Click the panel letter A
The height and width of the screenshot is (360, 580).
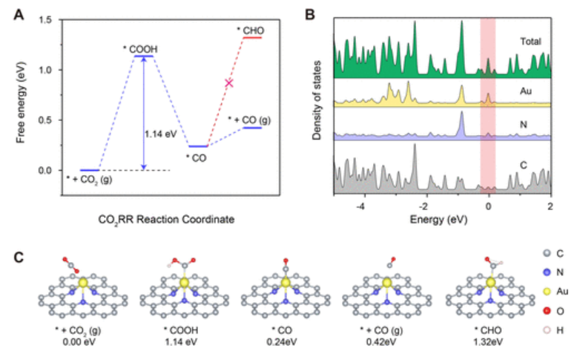(22, 12)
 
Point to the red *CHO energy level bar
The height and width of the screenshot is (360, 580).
(251, 37)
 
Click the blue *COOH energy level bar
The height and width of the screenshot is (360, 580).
(144, 56)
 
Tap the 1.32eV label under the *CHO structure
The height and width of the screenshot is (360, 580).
(490, 342)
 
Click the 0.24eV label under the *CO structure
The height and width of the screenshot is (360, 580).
(286, 342)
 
